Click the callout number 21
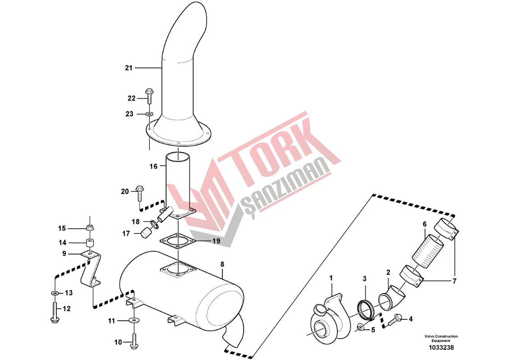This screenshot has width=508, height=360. (129, 68)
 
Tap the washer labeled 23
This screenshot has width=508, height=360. (149, 114)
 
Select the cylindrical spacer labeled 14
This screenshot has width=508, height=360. (90, 243)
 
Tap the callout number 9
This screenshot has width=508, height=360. (64, 254)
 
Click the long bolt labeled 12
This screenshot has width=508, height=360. (55, 312)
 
